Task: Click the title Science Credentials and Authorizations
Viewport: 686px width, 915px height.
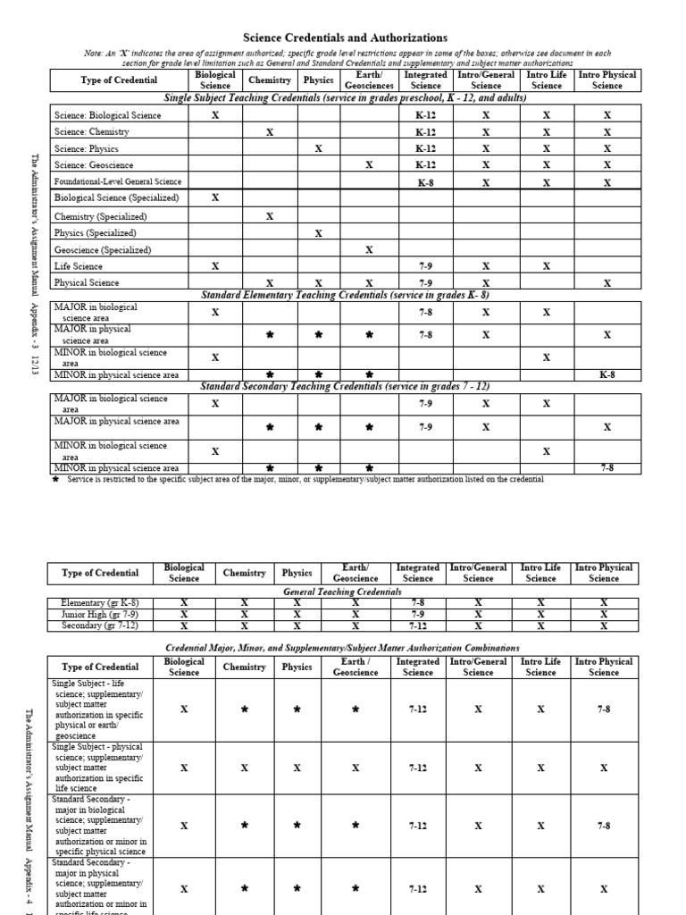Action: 346,38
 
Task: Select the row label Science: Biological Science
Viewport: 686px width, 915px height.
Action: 108,116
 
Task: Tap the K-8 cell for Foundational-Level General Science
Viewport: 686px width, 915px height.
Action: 426,182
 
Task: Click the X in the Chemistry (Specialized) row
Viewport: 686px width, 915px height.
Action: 271,216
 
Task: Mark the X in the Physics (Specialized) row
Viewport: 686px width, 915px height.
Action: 318,233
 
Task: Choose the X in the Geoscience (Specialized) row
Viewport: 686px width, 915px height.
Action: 369,250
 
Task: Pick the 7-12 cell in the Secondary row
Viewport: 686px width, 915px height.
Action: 417,626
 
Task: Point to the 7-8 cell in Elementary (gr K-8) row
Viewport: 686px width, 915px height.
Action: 417,603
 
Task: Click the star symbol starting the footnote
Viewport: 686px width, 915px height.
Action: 55,479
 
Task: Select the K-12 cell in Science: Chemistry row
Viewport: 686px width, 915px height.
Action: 426,132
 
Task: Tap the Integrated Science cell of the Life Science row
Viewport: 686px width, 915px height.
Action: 426,266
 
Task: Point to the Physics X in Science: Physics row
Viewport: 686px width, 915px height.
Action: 318,149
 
